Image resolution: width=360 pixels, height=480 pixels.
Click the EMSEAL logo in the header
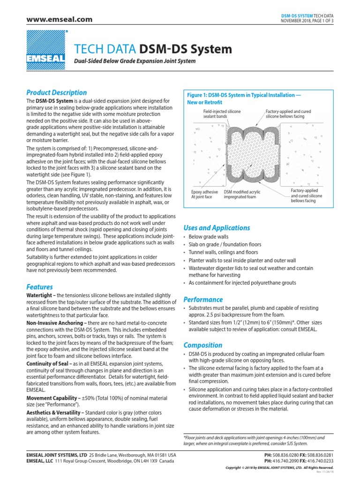[x=47, y=48]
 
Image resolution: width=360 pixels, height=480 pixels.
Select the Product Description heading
[x=57, y=92]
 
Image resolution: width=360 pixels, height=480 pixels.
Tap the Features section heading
[x=40, y=286]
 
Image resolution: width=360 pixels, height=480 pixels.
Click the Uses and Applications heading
[x=217, y=228]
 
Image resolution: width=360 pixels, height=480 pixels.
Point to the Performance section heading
[x=203, y=299]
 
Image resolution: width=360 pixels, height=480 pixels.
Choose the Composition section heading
[x=203, y=345]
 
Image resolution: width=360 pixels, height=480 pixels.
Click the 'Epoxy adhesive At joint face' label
[x=205, y=195]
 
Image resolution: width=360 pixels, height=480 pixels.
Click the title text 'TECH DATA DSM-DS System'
[x=153, y=49]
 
